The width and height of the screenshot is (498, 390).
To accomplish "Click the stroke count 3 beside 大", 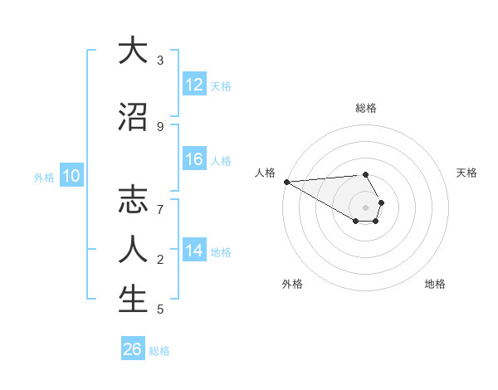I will click(159, 61).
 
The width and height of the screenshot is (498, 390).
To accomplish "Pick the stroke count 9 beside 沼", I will click(159, 126).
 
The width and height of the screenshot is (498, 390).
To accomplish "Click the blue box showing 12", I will click(194, 85).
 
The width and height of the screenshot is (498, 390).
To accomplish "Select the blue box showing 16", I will click(194, 160).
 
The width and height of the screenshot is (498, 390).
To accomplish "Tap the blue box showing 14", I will click(194, 251).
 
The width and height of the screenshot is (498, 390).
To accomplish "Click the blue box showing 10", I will click(71, 176).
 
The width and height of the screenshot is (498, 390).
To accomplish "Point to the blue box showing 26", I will click(132, 349).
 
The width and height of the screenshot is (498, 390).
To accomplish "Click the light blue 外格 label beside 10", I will click(44, 177).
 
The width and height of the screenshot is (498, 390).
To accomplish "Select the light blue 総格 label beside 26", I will click(159, 351).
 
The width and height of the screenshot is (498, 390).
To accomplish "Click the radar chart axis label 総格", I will click(366, 108).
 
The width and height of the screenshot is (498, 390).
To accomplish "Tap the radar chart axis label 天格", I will click(467, 173).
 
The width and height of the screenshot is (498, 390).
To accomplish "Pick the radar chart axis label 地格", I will click(435, 284).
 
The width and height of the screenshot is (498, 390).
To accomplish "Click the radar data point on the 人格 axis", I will click(286, 182).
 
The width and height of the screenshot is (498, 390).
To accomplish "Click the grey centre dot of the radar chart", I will click(365, 207).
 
